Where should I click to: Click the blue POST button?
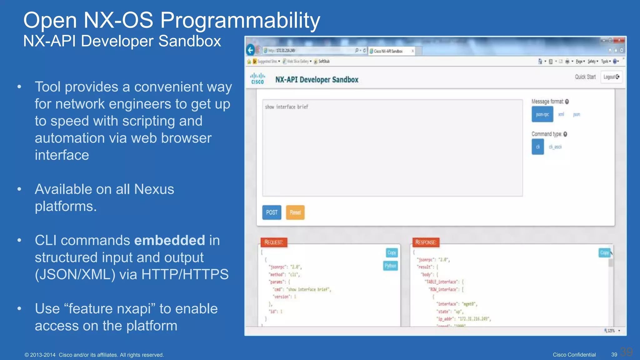click(x=272, y=212)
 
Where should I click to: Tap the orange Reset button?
click(x=295, y=212)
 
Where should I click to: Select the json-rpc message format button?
click(x=542, y=114)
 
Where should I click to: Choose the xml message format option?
click(x=561, y=114)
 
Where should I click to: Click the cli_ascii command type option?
click(x=555, y=147)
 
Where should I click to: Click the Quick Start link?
click(x=585, y=77)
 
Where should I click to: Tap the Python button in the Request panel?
click(x=390, y=266)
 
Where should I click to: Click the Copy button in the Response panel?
click(x=604, y=252)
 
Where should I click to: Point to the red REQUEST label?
click(x=274, y=242)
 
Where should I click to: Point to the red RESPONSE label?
click(x=425, y=242)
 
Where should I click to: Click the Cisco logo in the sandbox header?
click(x=257, y=78)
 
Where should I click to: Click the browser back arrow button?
click(x=251, y=50)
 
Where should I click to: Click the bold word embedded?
click(x=169, y=240)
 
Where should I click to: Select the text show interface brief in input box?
click(x=287, y=107)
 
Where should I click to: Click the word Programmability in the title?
click(x=240, y=21)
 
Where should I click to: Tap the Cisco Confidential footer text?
click(x=574, y=355)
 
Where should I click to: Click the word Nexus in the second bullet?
click(x=154, y=189)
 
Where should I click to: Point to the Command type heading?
click(x=547, y=134)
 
